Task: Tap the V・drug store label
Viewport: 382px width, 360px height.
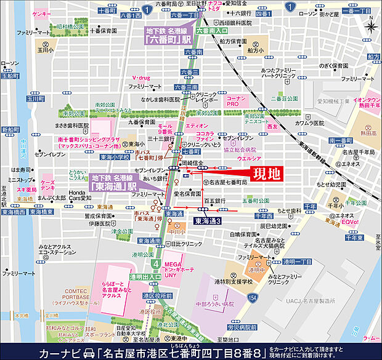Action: [142, 78]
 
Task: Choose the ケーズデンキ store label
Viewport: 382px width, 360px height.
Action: [47, 186]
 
